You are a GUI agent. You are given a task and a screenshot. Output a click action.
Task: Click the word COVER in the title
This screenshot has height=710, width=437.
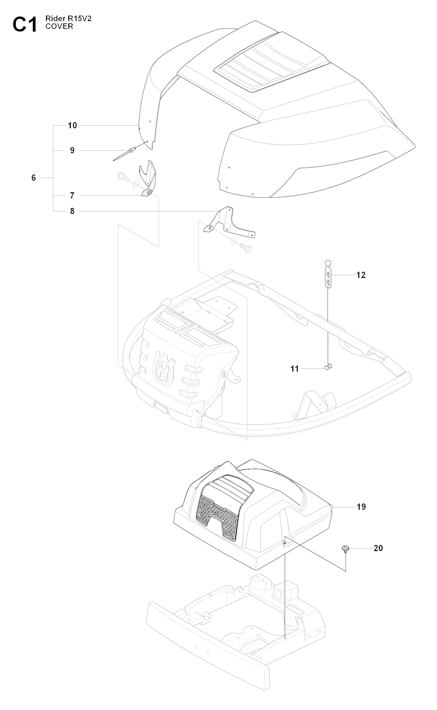coord(59,27)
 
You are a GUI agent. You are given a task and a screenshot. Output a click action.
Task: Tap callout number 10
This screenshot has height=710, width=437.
coord(72,125)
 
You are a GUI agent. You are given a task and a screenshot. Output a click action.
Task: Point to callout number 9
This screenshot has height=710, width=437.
coord(72,150)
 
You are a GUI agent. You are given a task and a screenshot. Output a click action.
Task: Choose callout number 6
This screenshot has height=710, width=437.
coord(34,177)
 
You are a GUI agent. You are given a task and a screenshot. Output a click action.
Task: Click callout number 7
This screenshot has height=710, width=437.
coord(72,195)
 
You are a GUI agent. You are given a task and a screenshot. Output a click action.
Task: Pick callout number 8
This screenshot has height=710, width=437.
coord(72,211)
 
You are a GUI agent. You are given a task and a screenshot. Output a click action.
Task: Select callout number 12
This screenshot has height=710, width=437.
coord(361,275)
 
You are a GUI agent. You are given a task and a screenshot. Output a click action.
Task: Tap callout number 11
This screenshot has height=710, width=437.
coord(294,368)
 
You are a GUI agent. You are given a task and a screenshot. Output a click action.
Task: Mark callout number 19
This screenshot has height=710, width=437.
coord(361,507)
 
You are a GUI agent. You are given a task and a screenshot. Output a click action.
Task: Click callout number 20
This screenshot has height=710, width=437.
coord(378,548)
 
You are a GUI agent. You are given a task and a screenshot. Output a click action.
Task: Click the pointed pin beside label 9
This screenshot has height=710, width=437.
coord(124,154)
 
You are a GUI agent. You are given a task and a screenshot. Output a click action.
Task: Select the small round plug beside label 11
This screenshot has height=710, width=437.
coord(329,366)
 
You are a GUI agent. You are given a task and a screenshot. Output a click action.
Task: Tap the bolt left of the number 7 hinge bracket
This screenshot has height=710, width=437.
coord(121,176)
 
